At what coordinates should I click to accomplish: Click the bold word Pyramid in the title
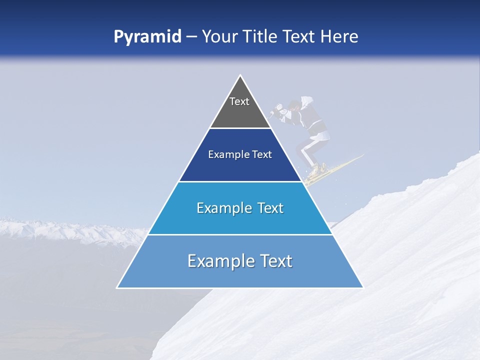[147, 36]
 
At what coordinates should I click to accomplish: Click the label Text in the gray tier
[239, 101]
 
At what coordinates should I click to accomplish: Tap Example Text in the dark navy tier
[240, 154]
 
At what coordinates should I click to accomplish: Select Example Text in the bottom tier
[240, 261]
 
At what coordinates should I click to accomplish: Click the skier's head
[295, 106]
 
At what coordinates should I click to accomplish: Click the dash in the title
[191, 36]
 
